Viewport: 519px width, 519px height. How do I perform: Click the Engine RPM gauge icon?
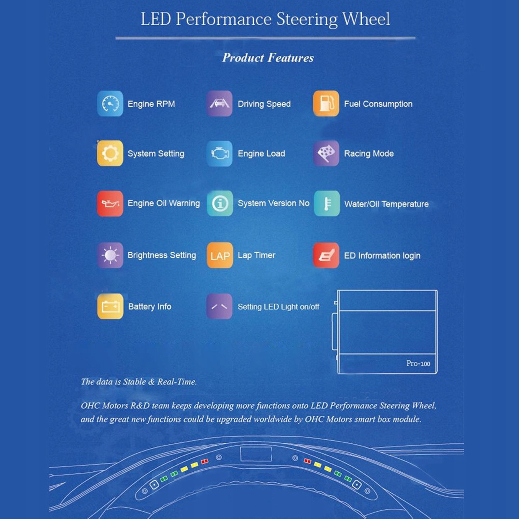coord(110,104)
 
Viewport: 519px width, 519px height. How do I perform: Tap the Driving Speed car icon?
coord(219,104)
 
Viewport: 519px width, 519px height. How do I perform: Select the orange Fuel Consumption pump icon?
coord(326,104)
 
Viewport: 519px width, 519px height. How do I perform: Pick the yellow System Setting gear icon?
coord(110,153)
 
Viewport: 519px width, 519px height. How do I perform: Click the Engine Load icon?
coord(219,153)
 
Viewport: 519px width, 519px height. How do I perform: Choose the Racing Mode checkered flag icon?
coord(326,153)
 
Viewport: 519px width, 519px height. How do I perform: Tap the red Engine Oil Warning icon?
coord(110,203)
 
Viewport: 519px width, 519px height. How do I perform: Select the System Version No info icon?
coord(220,203)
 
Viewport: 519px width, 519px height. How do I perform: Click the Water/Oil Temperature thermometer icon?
coord(327,204)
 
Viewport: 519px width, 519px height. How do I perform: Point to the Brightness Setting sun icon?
coord(110,255)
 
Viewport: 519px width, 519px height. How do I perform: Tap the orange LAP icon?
coord(220,255)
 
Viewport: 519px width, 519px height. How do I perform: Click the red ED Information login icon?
coord(326,255)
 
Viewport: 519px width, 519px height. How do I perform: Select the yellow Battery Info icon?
coord(110,306)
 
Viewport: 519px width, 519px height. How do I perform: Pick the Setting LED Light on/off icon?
coord(219,306)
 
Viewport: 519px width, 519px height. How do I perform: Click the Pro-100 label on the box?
coord(418,364)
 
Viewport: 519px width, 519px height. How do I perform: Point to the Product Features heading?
coord(268,58)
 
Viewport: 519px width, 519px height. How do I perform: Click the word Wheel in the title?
coord(366,19)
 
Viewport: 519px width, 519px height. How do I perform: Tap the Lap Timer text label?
coord(256,255)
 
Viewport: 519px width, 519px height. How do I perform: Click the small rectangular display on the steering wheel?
coord(256,454)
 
